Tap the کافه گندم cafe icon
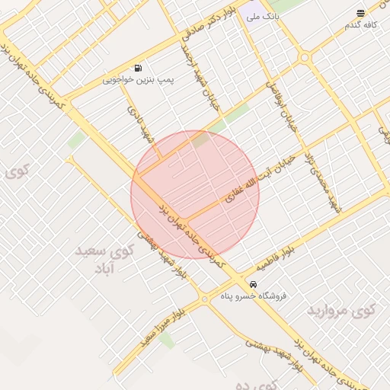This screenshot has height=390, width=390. (x=360, y=13)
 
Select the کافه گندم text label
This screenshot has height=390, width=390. (x=362, y=25)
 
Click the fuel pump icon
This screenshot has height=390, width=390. (x=138, y=68)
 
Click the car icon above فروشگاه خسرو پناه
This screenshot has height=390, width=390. (x=243, y=284)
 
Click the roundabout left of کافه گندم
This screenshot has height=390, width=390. (x=305, y=57)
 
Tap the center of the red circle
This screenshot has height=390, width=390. (x=195, y=194)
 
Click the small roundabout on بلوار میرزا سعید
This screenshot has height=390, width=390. (x=204, y=300)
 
